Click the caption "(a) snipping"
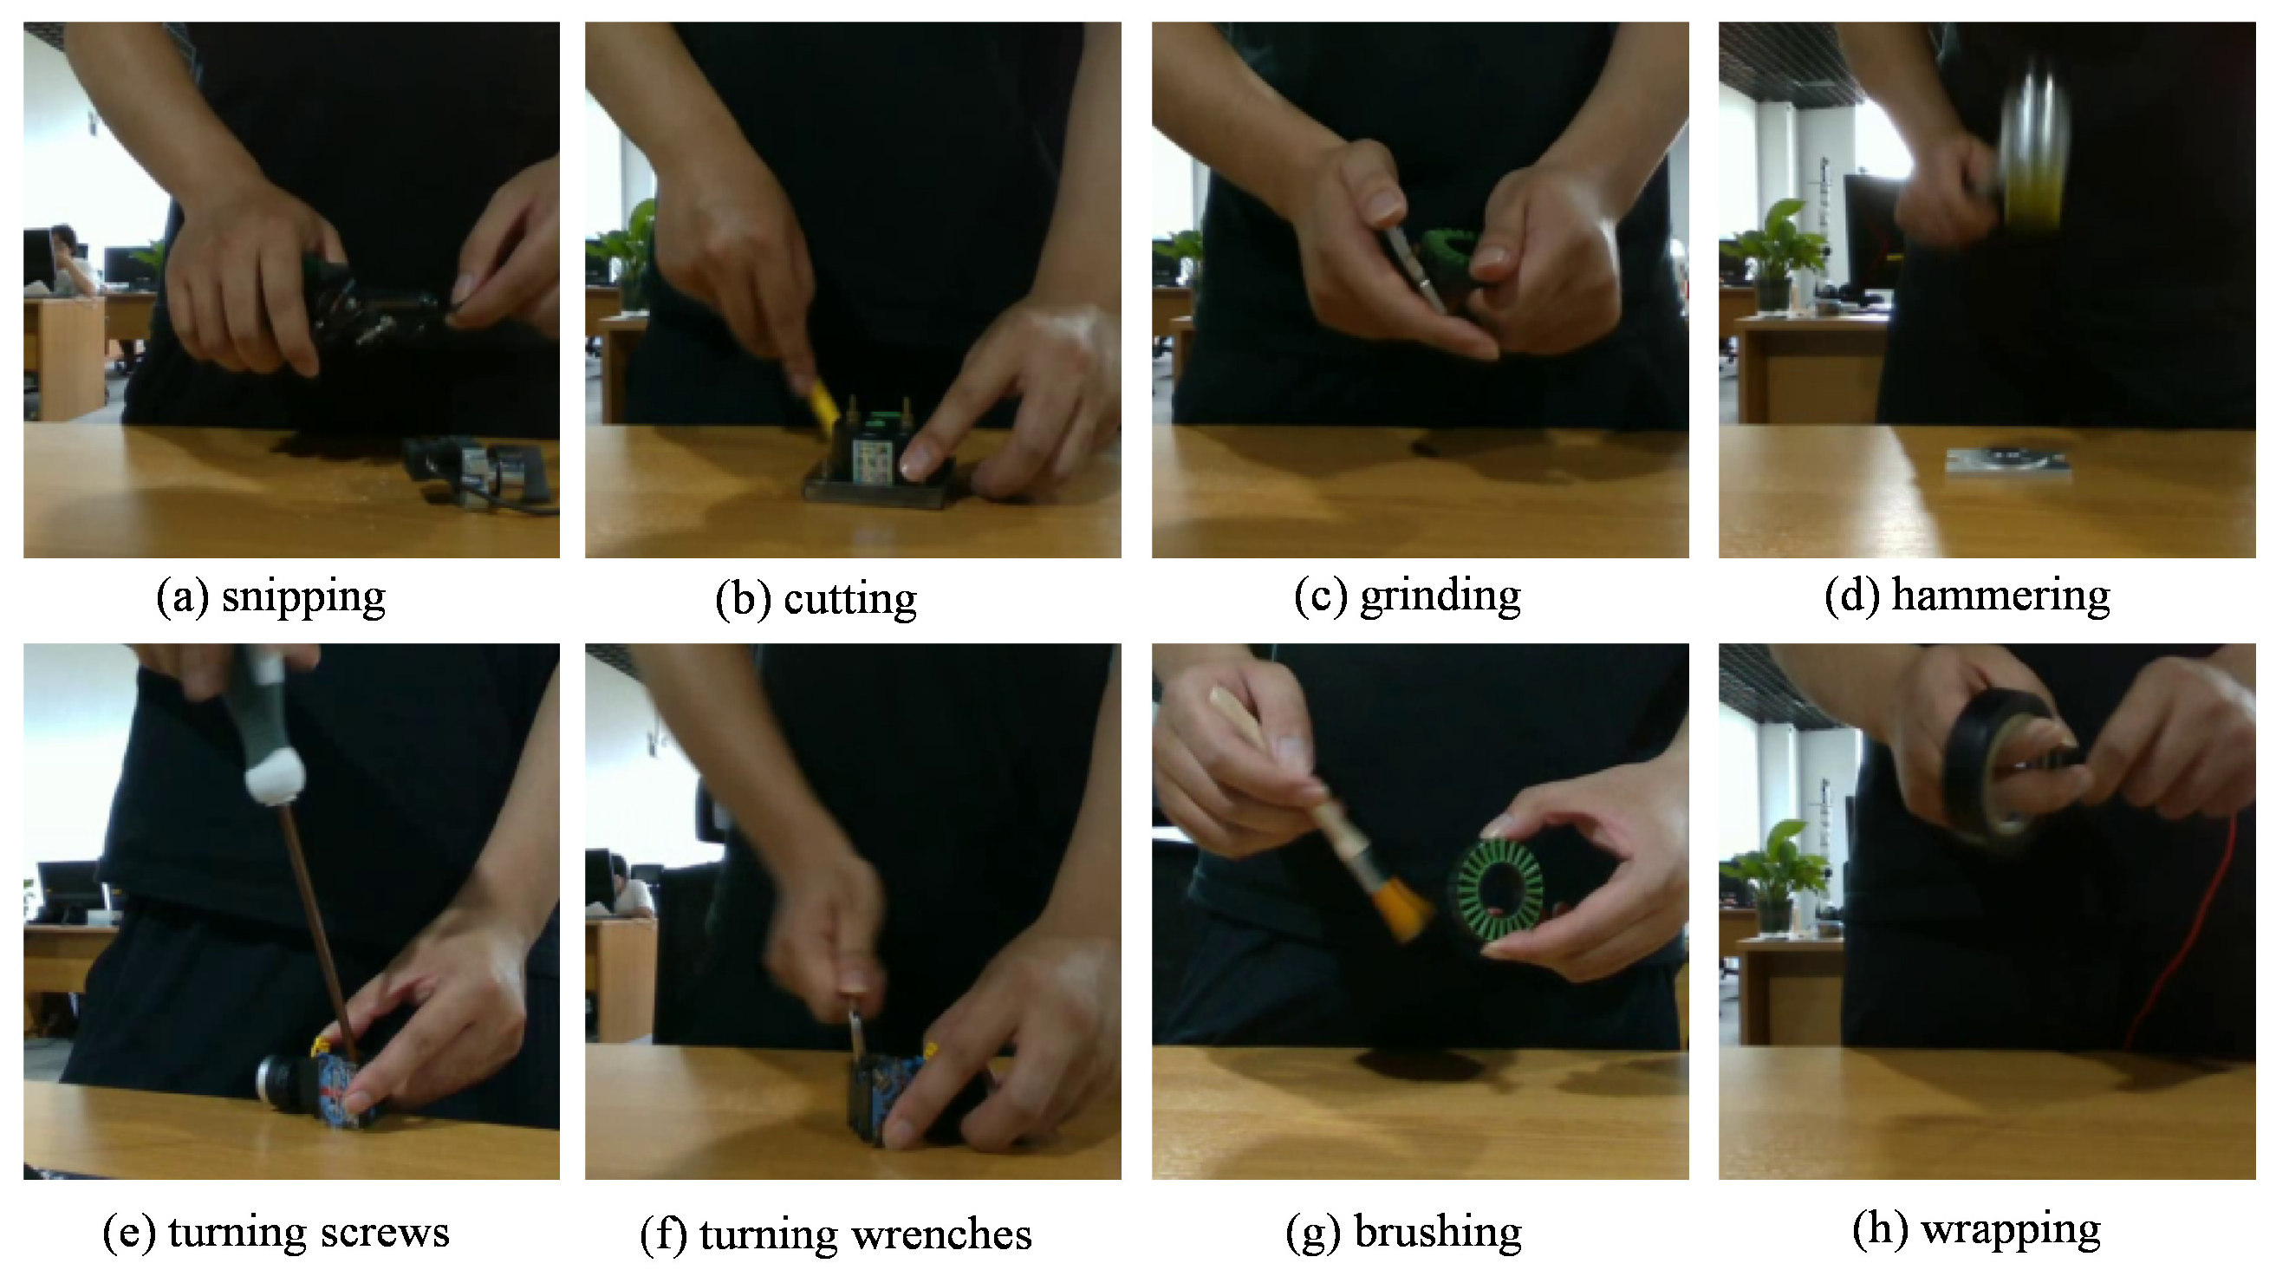tap(270, 597)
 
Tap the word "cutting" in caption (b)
tap(850, 599)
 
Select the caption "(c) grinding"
tap(1407, 596)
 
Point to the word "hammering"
tap(2000, 596)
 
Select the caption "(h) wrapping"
tap(1975, 1230)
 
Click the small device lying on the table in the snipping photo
tap(477, 472)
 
